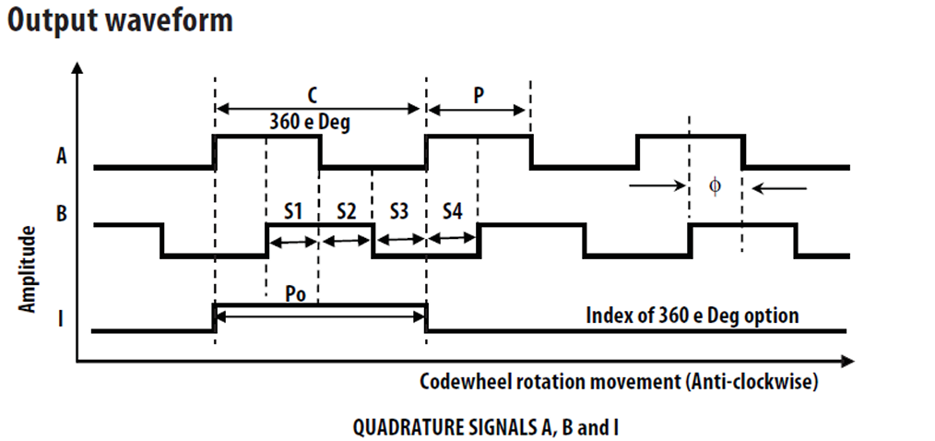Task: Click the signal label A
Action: (x=61, y=156)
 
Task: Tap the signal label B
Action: (x=61, y=215)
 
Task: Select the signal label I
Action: (x=61, y=320)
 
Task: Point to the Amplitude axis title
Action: (x=30, y=269)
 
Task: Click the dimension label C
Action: (x=314, y=93)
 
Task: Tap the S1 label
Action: (x=292, y=211)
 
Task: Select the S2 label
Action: (x=346, y=211)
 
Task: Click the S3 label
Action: (x=398, y=211)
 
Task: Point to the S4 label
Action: (x=451, y=211)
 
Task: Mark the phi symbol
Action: (x=715, y=186)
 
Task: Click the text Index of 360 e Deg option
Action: (x=692, y=316)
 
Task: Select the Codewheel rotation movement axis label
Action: (x=619, y=381)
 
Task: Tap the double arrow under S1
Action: (x=292, y=242)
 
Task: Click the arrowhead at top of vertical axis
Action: (x=77, y=69)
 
